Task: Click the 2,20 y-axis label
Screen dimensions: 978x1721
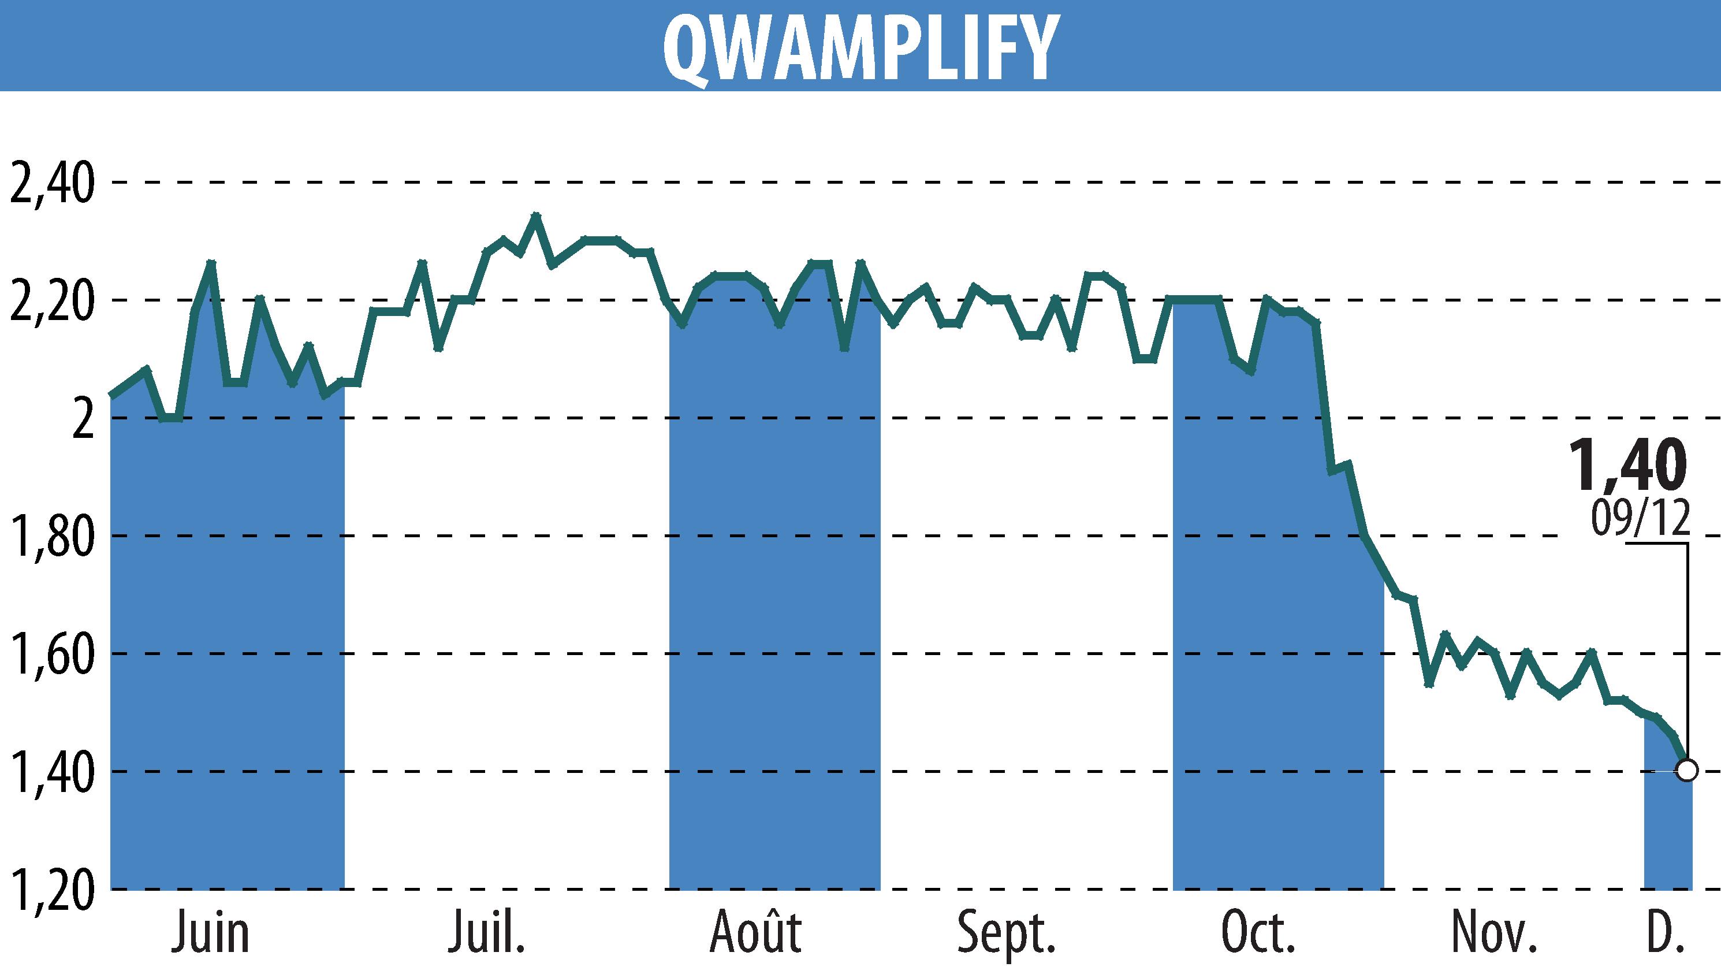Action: pos(51,301)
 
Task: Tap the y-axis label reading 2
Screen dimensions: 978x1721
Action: pos(83,419)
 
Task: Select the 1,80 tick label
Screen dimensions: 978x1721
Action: pos(51,537)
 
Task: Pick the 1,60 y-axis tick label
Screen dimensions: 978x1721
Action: pos(51,655)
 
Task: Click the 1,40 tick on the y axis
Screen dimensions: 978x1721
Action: pos(51,772)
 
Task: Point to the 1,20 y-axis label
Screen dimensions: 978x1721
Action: pos(51,890)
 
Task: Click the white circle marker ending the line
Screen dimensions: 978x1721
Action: pos(1686,771)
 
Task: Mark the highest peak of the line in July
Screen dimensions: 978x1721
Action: pos(535,215)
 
